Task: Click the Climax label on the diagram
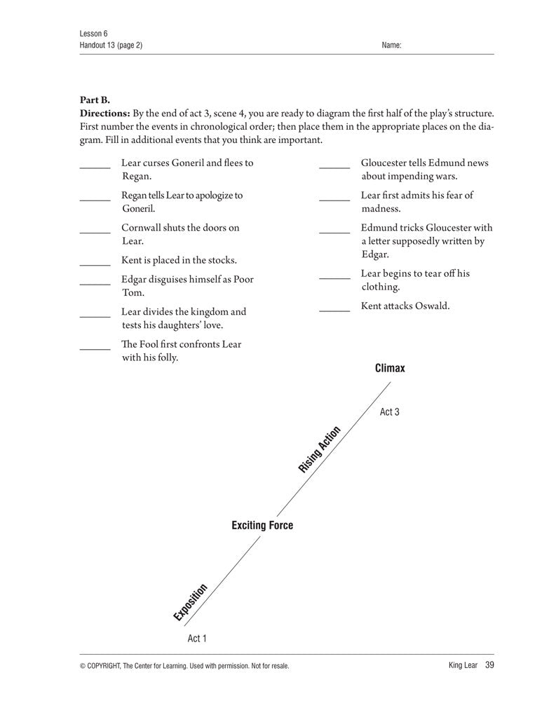click(390, 368)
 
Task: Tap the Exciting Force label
click(262, 525)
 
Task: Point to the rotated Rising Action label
click(320, 449)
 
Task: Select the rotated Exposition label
click(191, 602)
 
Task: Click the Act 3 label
click(390, 412)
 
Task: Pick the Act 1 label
click(197, 639)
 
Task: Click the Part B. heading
click(95, 100)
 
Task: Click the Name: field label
click(391, 46)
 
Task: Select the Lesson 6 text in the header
click(94, 33)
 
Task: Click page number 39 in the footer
click(489, 665)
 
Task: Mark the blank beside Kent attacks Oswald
click(334, 309)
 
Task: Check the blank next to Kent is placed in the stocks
click(95, 264)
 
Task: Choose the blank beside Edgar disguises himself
click(95, 283)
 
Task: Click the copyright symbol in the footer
click(83, 666)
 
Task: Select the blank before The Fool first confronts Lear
click(95, 348)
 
